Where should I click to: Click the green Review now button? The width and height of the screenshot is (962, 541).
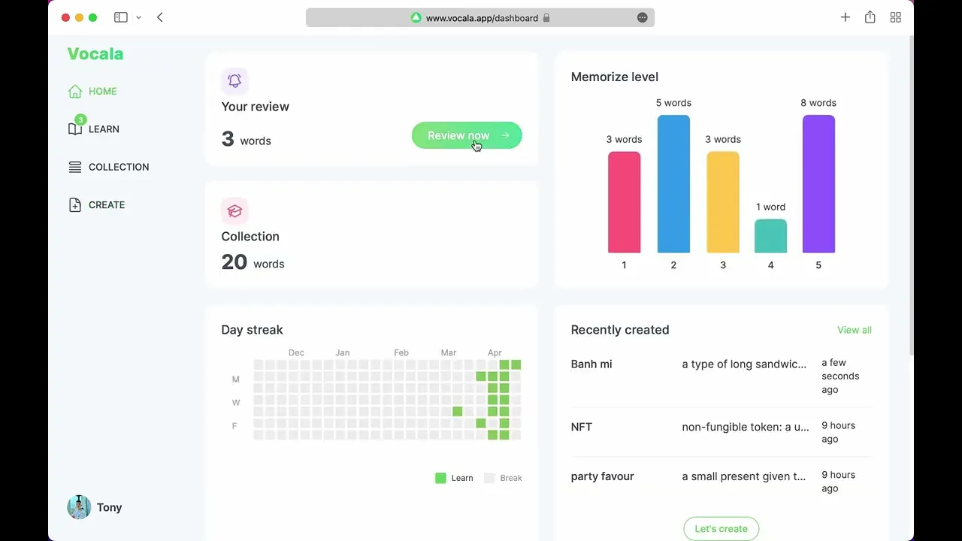(466, 135)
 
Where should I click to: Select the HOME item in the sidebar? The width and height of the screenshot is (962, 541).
(102, 92)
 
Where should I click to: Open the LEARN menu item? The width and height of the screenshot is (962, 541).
(103, 129)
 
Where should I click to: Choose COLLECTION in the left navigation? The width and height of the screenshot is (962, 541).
(118, 167)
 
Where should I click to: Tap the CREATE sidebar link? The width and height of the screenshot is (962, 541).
(106, 205)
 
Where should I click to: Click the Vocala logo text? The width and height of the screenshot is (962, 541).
(95, 54)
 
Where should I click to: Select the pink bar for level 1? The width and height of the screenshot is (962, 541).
(624, 203)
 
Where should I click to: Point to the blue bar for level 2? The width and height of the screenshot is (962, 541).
(673, 184)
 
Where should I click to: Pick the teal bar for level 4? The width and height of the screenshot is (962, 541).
(770, 236)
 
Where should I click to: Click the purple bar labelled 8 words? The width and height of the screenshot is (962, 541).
(818, 184)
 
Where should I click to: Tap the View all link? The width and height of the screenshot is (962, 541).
(855, 330)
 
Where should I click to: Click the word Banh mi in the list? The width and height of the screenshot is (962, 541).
(591, 364)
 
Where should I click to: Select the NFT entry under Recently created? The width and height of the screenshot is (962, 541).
(582, 427)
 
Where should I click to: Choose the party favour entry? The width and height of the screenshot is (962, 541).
(603, 476)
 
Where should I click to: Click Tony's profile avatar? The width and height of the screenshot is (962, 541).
(79, 507)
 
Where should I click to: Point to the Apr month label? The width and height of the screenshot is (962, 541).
(495, 352)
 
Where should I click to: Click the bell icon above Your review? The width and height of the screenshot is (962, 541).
(234, 81)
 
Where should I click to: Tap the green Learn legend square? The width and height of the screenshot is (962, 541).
(440, 478)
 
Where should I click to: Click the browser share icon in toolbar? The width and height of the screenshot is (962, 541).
(870, 17)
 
